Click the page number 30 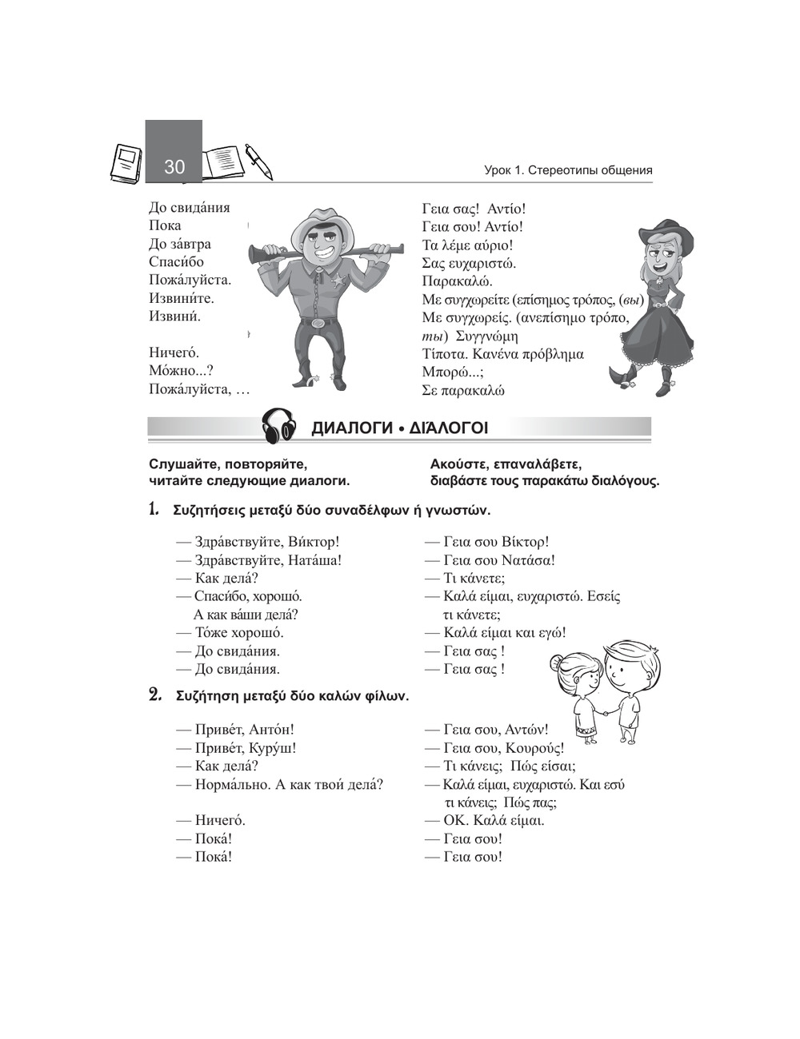point(174,166)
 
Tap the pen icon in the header point(258,161)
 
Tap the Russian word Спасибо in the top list point(176,262)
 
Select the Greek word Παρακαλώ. point(457,281)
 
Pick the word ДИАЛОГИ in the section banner point(350,428)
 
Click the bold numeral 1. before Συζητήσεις point(154,510)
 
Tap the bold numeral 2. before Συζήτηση point(156,695)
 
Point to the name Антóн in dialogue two point(271,730)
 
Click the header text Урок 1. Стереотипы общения point(568,170)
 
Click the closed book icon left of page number point(126,163)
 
